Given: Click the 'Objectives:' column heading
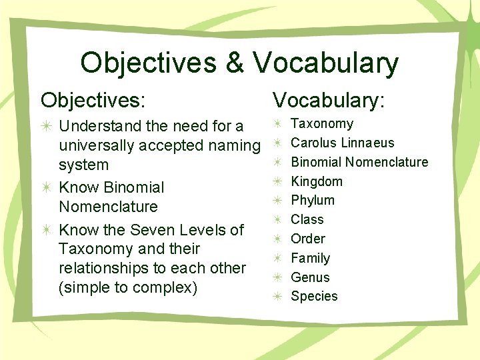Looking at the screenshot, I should [x=93, y=100].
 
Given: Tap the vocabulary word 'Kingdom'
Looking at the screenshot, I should [x=317, y=181].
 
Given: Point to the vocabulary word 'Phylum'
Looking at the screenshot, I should [x=313, y=200].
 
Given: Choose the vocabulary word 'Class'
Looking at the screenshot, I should [x=307, y=219].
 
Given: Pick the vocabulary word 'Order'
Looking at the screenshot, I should [x=308, y=239].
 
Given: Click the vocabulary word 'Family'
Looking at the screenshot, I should [x=311, y=258].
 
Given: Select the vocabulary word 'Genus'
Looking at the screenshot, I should [x=311, y=277].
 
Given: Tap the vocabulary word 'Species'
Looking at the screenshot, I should [x=314, y=296].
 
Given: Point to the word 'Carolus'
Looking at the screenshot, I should [x=314, y=143].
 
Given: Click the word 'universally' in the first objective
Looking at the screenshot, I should [x=99, y=145].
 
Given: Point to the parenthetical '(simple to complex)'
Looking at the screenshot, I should [x=128, y=287].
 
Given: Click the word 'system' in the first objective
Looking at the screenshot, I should [x=84, y=165].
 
